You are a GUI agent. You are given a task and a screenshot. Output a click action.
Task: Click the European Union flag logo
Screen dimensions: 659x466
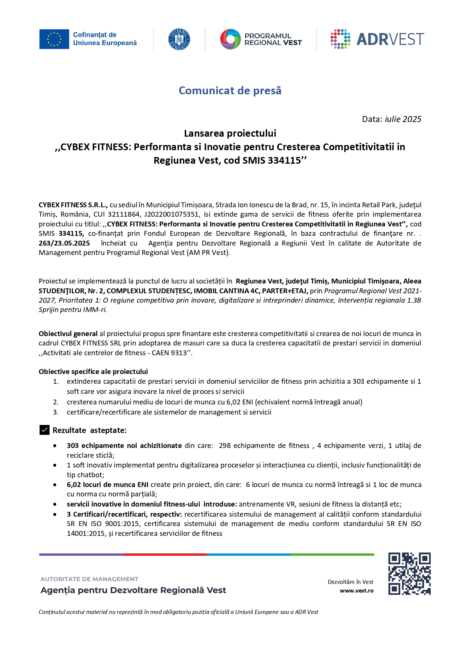point(54,39)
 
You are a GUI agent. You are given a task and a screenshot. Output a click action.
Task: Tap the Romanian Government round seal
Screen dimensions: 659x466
point(179,39)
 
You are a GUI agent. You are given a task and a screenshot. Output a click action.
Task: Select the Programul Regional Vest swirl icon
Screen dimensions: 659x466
point(230,39)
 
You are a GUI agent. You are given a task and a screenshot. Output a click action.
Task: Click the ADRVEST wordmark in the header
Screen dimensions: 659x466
point(390,39)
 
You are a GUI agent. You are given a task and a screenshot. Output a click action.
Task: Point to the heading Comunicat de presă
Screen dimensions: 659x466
point(230,90)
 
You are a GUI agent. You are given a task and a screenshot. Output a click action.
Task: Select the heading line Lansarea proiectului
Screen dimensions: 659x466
point(230,133)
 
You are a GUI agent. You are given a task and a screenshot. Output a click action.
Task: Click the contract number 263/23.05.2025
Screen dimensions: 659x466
point(64,243)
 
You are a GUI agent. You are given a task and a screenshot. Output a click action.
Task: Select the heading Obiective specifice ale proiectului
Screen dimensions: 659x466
point(93,371)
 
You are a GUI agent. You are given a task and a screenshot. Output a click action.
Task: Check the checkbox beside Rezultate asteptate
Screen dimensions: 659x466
point(44,430)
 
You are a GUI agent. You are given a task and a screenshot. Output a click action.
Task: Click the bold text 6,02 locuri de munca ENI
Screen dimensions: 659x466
point(107,484)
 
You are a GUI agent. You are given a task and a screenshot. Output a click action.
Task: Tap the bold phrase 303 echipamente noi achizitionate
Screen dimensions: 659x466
point(124,445)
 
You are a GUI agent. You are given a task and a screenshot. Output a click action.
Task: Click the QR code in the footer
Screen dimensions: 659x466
point(409,573)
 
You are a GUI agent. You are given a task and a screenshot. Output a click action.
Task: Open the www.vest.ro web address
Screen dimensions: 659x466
point(356,591)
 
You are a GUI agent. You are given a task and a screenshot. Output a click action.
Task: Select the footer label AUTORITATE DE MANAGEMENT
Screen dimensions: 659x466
point(89,579)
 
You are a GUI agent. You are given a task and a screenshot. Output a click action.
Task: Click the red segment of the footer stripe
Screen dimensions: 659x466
point(165,554)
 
